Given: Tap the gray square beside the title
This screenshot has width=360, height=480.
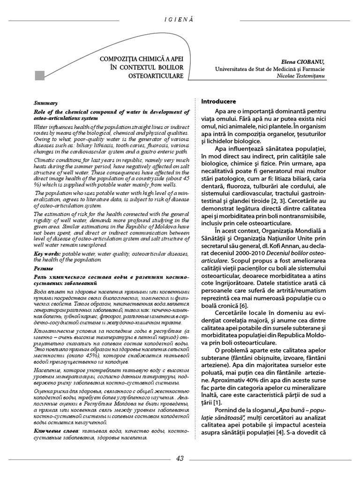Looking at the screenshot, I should tap(40, 75).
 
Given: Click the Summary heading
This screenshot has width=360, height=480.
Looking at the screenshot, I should tap(46, 103).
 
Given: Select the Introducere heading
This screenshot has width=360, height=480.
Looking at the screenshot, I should tap(219, 101).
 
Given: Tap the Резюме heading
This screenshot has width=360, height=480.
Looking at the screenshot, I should tap(43, 269).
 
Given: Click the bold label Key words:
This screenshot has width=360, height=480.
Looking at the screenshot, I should tap(48, 253).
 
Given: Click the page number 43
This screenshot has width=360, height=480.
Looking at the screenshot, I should tap(180, 458).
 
